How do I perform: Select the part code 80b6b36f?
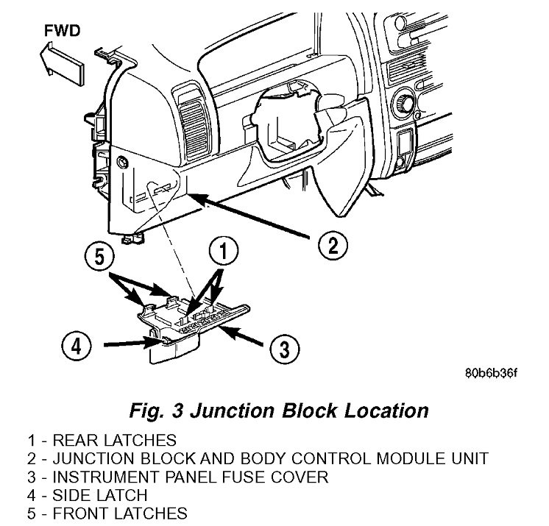491,372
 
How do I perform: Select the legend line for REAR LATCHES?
103,441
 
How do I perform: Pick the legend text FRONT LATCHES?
108,513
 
